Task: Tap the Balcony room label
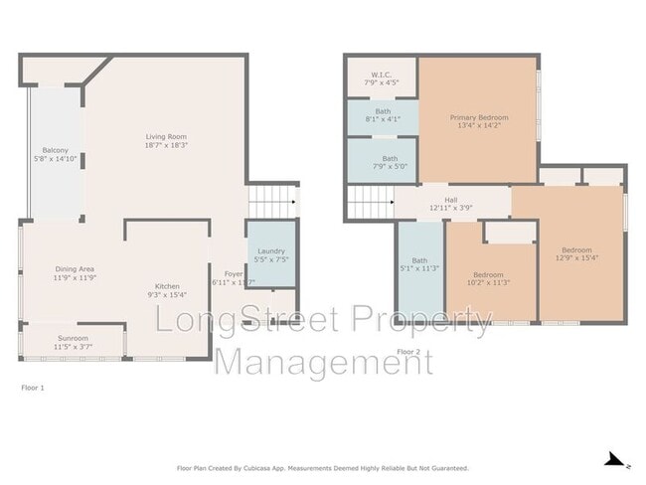pyautogui.click(x=55, y=151)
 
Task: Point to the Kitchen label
pyautogui.click(x=166, y=286)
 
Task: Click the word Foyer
pyautogui.click(x=233, y=273)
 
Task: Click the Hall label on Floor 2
pyautogui.click(x=450, y=200)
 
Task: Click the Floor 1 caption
pyautogui.click(x=33, y=386)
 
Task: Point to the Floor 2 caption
pyautogui.click(x=408, y=352)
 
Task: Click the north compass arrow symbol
pyautogui.click(x=616, y=459)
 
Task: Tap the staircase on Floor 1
pyautogui.click(x=272, y=202)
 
